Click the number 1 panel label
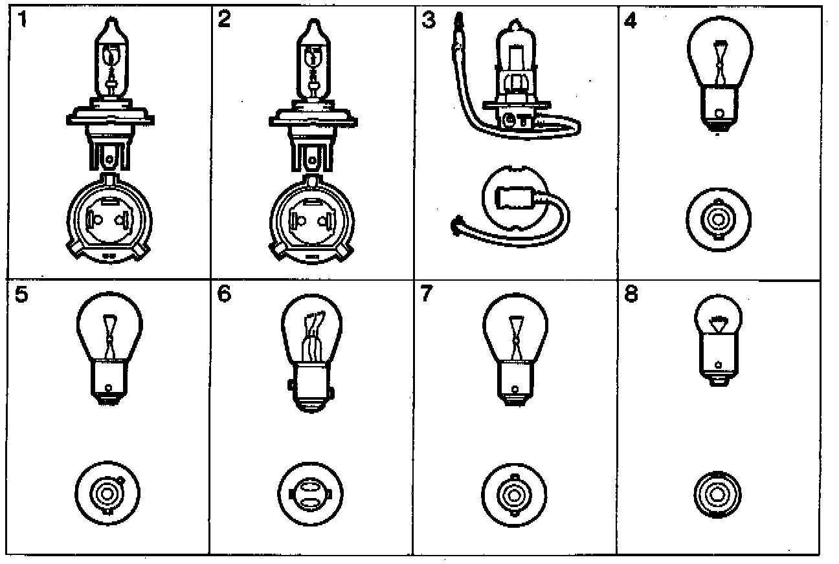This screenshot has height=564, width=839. point(23,21)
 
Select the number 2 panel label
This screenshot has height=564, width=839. point(225,21)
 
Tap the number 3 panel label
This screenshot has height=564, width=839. point(429,21)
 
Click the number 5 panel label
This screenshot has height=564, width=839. point(21,294)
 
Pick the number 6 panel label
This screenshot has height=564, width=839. point(225,294)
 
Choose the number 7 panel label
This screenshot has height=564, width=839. point(426,294)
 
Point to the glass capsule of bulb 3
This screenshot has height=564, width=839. point(516,58)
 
